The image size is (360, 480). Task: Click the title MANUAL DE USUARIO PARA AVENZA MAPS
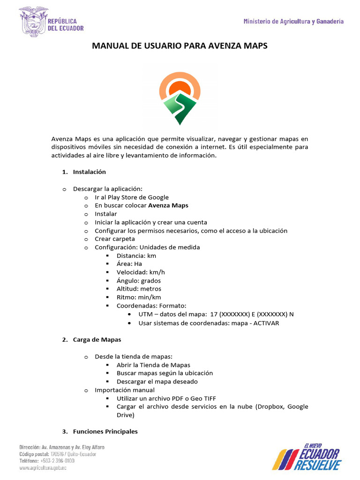(x=180, y=46)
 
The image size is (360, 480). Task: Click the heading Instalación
(x=89, y=172)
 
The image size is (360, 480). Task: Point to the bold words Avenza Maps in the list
(x=168, y=205)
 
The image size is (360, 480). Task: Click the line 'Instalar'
(x=106, y=214)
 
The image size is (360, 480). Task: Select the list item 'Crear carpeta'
(x=115, y=239)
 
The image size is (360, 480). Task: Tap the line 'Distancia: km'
(x=136, y=256)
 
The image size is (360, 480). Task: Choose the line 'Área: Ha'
(x=129, y=264)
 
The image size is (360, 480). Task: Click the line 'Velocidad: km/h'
(x=141, y=272)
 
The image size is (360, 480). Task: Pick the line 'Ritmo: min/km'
(x=139, y=297)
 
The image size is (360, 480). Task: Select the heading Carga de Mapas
(x=97, y=340)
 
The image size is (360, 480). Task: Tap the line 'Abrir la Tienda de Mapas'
(x=153, y=365)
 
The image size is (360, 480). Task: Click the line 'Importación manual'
(x=125, y=390)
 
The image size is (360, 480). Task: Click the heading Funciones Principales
(x=105, y=431)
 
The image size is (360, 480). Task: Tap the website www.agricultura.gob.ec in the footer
(x=43, y=468)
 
